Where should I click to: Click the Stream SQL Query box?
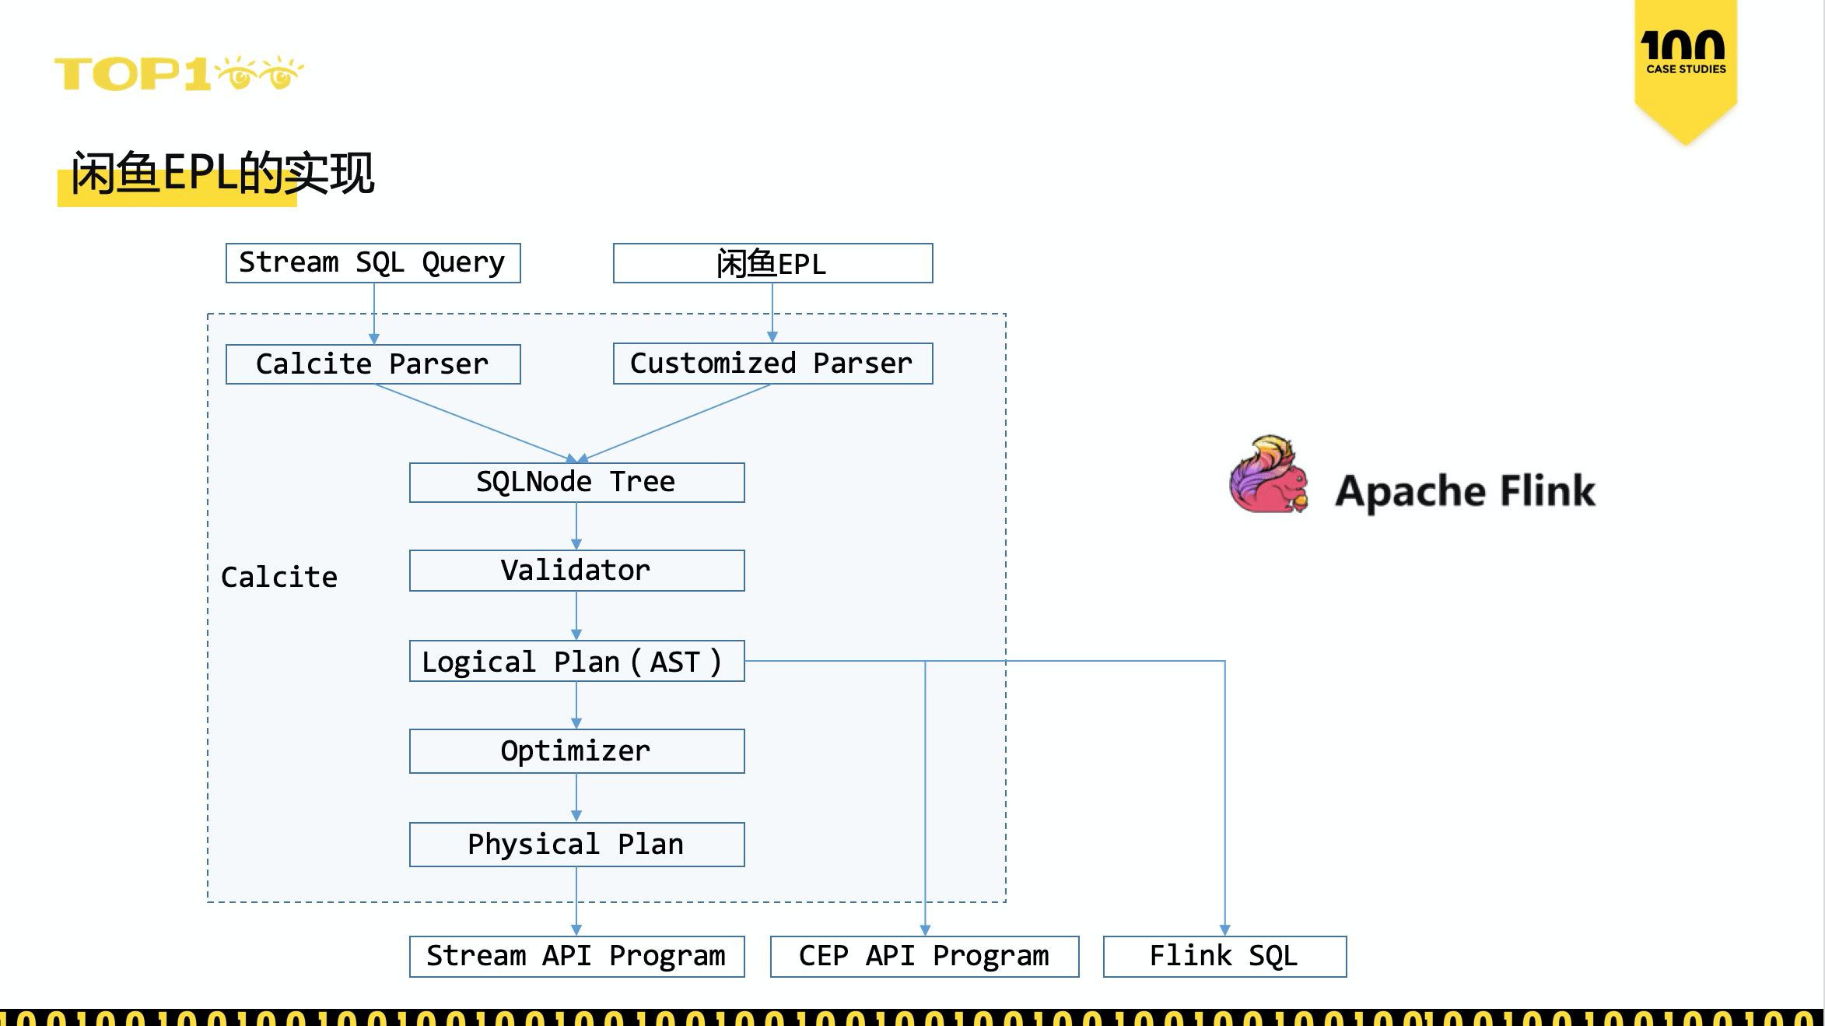point(373,263)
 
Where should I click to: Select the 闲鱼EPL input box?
point(772,263)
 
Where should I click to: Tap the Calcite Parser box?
point(373,364)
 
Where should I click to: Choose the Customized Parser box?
point(772,364)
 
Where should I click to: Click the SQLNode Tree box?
point(576,483)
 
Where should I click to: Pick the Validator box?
point(576,571)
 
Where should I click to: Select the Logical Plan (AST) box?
point(576,662)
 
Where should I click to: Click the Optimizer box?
point(576,751)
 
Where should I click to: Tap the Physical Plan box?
point(576,845)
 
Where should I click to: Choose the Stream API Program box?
point(576,956)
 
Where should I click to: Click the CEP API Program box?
point(924,956)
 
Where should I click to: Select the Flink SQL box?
point(1224,956)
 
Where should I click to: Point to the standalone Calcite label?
point(279,578)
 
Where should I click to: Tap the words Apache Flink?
point(1465,491)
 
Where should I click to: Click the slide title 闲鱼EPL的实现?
point(222,173)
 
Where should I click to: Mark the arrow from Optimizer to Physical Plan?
point(576,798)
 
